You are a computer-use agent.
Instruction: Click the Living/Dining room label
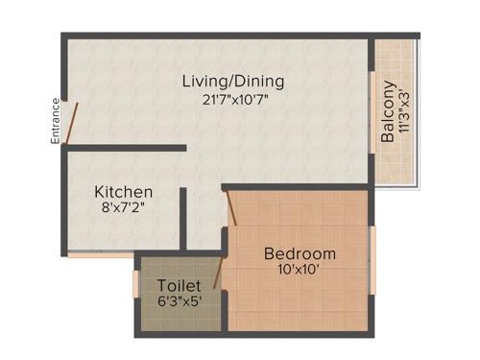pyautogui.click(x=233, y=82)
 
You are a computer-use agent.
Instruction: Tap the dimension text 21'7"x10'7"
pyautogui.click(x=233, y=99)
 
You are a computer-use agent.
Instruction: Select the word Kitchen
pyautogui.click(x=123, y=193)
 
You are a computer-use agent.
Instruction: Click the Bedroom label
pyautogui.click(x=300, y=253)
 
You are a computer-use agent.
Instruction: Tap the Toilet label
pyautogui.click(x=179, y=286)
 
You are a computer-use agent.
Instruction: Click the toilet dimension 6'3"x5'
pyautogui.click(x=179, y=301)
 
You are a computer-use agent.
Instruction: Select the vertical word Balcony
pyautogui.click(x=387, y=113)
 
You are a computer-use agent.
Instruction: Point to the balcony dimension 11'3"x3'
pyautogui.click(x=403, y=113)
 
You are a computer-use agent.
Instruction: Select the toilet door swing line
pyautogui.click(x=220, y=273)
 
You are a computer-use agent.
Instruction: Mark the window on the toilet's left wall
pyautogui.click(x=135, y=284)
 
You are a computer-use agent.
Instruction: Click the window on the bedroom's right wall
pyautogui.click(x=372, y=259)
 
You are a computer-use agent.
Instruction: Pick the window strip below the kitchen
pyautogui.click(x=100, y=255)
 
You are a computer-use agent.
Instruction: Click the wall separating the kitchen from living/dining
pyautogui.click(x=125, y=148)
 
